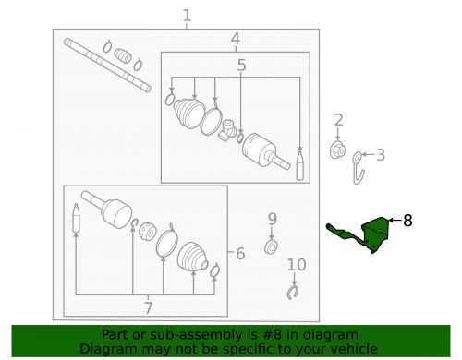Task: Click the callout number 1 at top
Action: (187, 15)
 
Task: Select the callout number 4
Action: (236, 39)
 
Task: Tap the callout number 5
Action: (241, 66)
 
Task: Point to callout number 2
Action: (339, 119)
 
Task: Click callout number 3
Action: (380, 154)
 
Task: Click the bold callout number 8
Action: (407, 221)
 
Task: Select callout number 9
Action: (272, 219)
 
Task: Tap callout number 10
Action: (295, 266)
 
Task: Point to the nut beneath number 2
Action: (338, 150)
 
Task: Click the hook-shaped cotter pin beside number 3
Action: (361, 167)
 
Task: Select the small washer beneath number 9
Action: (271, 247)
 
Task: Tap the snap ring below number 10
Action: (293, 293)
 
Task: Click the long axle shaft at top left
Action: (106, 64)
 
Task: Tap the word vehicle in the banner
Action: (355, 349)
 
